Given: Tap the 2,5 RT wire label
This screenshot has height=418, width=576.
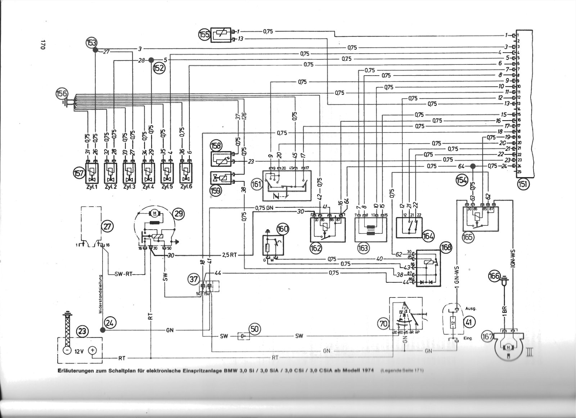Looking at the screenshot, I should [229, 255].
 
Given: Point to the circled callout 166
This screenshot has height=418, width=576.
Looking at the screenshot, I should [494, 277].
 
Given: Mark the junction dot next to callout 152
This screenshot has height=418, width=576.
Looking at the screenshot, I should [152, 60].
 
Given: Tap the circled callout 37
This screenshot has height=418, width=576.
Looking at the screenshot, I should [194, 278].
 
